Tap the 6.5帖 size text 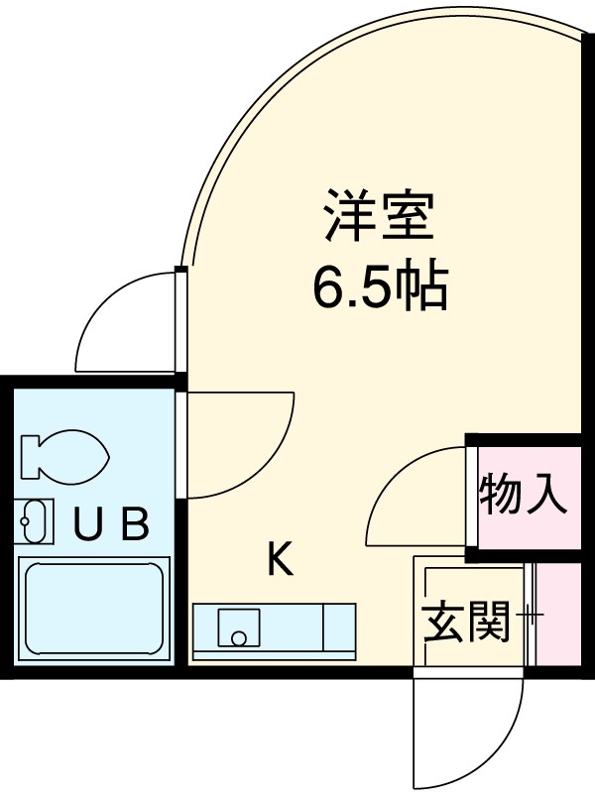pyautogui.click(x=381, y=286)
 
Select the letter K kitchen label pyautogui.click(x=281, y=561)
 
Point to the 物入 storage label pyautogui.click(x=524, y=495)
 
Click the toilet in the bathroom pyautogui.click(x=64, y=454)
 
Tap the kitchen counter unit pyautogui.click(x=273, y=630)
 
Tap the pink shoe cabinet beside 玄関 pyautogui.click(x=560, y=615)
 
